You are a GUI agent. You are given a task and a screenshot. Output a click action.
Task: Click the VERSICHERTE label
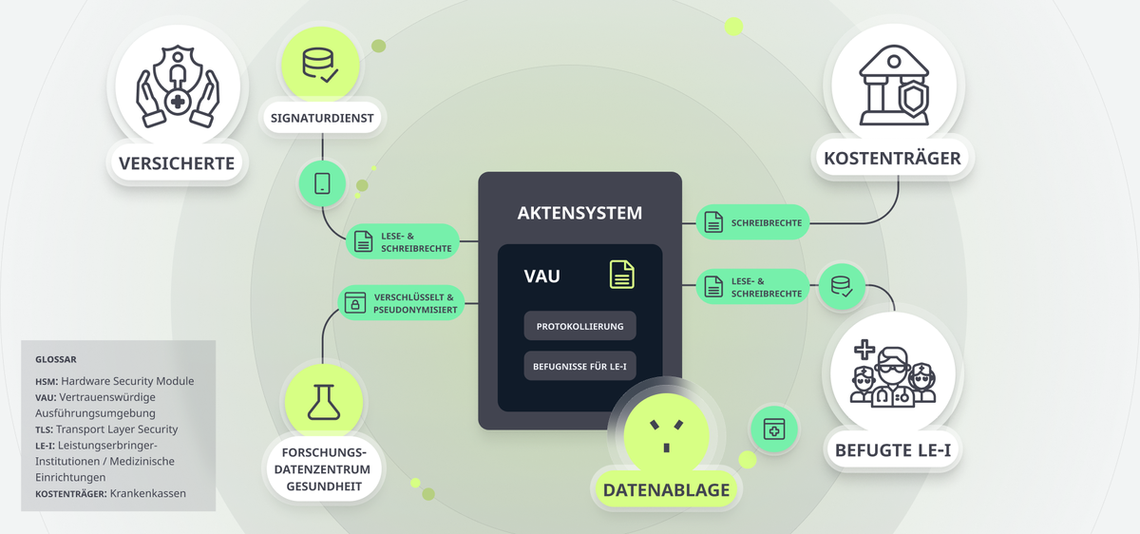[177, 163]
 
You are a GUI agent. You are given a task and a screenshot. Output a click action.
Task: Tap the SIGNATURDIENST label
[322, 118]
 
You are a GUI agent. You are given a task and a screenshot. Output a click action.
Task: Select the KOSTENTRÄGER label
[892, 159]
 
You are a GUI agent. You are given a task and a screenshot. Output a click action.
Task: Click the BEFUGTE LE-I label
[893, 450]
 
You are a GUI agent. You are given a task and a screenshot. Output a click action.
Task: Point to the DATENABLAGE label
[666, 489]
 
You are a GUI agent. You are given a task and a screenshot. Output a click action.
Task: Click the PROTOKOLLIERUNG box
[579, 326]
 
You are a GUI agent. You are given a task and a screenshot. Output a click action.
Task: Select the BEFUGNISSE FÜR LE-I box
[579, 366]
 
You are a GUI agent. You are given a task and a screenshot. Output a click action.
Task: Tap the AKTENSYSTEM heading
[579, 213]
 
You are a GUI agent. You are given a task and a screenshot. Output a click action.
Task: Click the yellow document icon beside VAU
[622, 275]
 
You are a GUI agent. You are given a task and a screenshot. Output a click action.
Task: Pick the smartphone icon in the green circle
[322, 183]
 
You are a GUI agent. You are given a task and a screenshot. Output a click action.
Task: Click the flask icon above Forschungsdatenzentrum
[324, 402]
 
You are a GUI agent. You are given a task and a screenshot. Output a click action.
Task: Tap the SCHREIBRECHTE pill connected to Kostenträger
[752, 222]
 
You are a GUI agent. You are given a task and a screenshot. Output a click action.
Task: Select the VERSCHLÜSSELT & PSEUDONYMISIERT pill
[401, 303]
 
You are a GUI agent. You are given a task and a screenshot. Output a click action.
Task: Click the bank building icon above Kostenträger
[894, 86]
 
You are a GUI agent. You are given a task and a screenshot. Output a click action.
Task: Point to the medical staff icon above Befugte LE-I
[893, 373]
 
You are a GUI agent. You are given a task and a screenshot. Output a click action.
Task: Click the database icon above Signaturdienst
[320, 66]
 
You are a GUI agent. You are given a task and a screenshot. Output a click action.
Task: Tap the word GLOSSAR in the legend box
[56, 359]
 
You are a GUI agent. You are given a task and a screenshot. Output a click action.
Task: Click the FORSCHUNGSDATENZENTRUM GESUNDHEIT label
[324, 469]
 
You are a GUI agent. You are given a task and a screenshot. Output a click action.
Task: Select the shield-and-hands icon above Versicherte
[178, 86]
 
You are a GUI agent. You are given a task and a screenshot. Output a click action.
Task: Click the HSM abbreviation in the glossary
[47, 381]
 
